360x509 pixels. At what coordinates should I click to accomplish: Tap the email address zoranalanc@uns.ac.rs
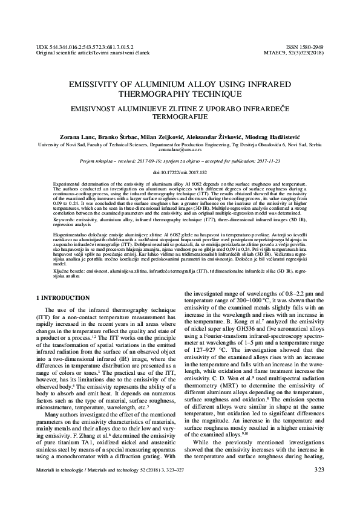[179, 151]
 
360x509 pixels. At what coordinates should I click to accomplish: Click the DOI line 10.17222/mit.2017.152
[179, 172]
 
